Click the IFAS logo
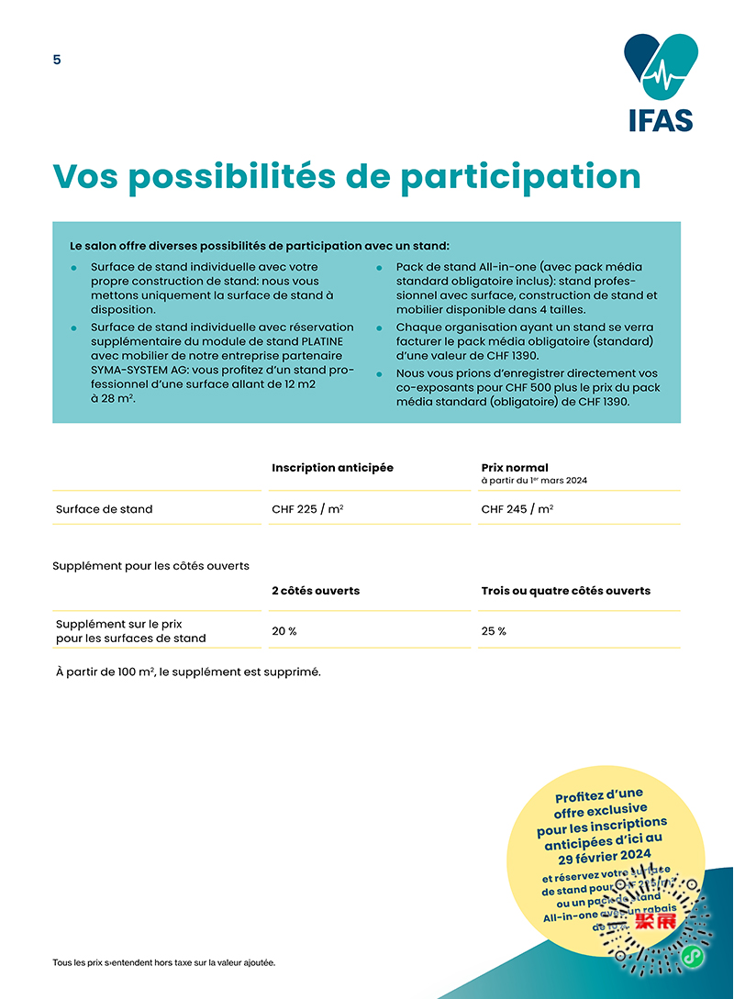click(x=661, y=83)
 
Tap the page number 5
click(x=57, y=60)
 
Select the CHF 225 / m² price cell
click(x=307, y=509)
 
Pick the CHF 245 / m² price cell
click(x=517, y=509)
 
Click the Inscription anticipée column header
click(x=332, y=468)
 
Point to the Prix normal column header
click(x=515, y=468)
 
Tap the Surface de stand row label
click(x=104, y=509)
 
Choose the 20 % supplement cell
click(x=284, y=631)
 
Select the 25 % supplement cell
click(x=494, y=631)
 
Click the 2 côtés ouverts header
click(x=316, y=591)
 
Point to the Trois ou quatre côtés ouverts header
click(x=565, y=591)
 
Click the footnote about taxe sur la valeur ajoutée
click(x=164, y=962)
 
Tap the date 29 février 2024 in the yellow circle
click(x=610, y=855)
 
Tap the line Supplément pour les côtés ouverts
click(x=150, y=566)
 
